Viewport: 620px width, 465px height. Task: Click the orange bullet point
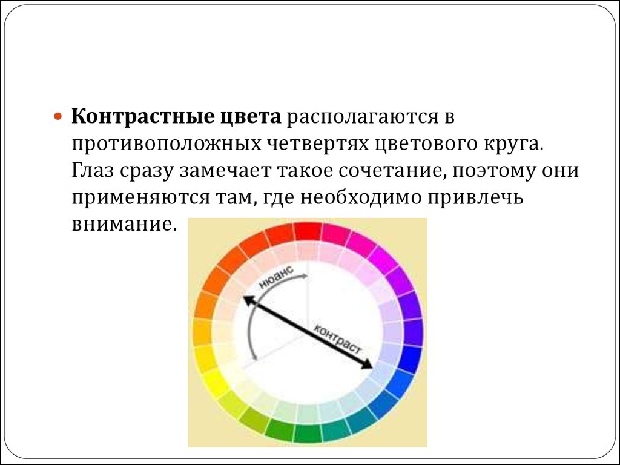tap(58, 117)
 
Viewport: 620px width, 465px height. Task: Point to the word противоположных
tap(167, 144)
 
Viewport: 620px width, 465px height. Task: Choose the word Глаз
tap(93, 171)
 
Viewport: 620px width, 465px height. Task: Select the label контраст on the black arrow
tap(337, 339)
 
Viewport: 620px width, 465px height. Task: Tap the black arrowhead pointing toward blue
tap(367, 364)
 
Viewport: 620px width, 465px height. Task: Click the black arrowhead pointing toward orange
tap(248, 300)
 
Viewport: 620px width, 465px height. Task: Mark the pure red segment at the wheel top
tap(307, 231)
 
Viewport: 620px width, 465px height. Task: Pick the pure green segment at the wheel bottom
tap(307, 433)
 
